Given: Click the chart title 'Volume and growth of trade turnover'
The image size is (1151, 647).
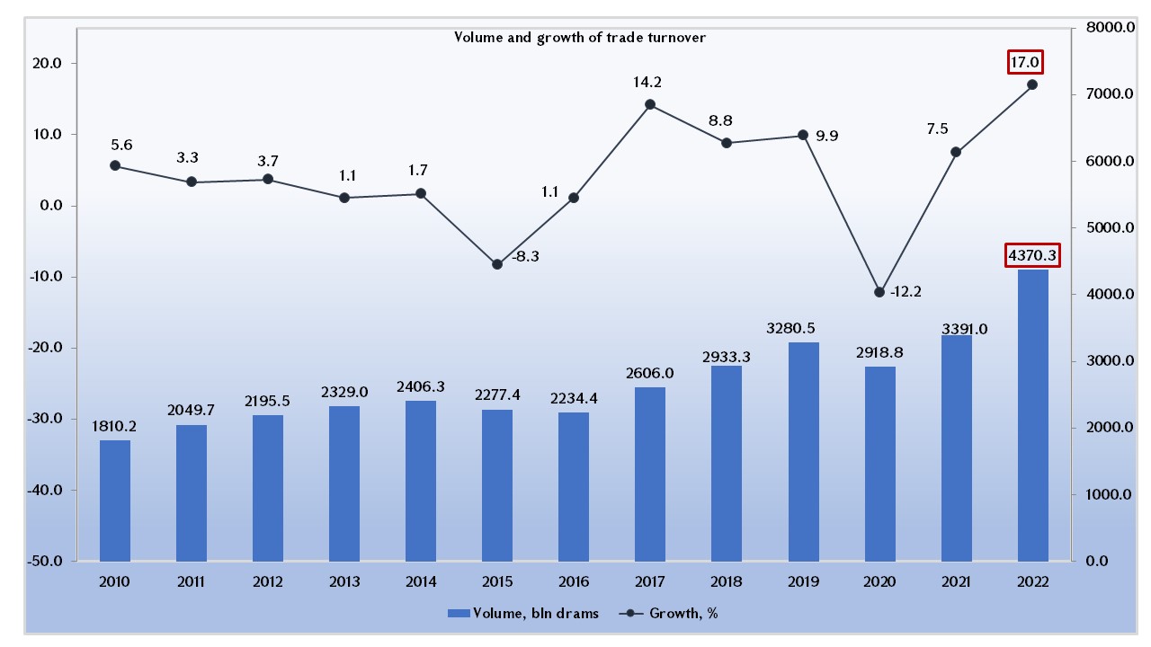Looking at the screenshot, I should pyautogui.click(x=579, y=37).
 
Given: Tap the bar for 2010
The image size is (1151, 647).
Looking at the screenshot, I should pyautogui.click(x=115, y=501).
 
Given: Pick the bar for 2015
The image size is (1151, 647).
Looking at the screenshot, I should pyautogui.click(x=497, y=485).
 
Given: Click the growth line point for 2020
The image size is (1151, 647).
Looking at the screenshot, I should pyautogui.click(x=879, y=292).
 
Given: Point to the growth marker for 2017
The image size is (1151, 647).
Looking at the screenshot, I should pyautogui.click(x=650, y=104).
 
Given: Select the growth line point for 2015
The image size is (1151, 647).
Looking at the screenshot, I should pyautogui.click(x=497, y=264).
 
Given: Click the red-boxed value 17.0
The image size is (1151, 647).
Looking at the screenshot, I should pyautogui.click(x=1025, y=63).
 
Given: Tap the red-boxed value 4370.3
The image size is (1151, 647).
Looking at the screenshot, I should pyautogui.click(x=1031, y=256).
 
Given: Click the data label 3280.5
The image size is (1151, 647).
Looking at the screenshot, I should pyautogui.click(x=803, y=328).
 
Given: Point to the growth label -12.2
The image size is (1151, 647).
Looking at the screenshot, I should pyautogui.click(x=906, y=291).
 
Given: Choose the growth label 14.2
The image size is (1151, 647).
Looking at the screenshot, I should pyautogui.click(x=650, y=83).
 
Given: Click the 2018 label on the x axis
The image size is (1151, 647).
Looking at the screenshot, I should pyautogui.click(x=727, y=582).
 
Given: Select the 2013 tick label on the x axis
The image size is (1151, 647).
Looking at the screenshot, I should pyautogui.click(x=344, y=582).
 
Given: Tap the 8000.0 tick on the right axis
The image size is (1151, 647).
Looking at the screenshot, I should pyautogui.click(x=1103, y=28).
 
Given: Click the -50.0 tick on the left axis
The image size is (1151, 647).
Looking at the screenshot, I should pyautogui.click(x=45, y=562).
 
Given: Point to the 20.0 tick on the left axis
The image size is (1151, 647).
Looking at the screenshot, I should pyautogui.click(x=45, y=64).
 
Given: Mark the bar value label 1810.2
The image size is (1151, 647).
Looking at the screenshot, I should pyautogui.click(x=115, y=426).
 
